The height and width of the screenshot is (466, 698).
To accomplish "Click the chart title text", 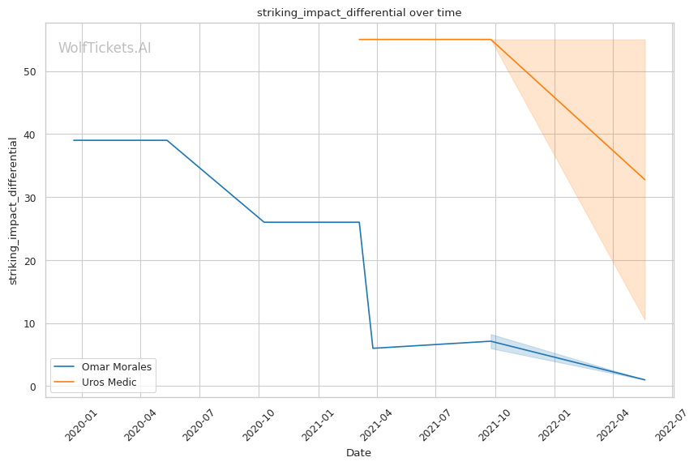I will point(359,12).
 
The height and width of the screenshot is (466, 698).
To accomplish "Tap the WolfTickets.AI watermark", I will point(105,48).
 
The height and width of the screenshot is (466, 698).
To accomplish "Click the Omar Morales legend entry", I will point(116,366).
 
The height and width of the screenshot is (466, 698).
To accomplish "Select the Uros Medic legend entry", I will point(109,382).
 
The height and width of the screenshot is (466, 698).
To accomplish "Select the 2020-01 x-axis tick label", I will point(80,423).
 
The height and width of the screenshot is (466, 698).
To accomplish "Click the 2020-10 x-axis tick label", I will point(258,423).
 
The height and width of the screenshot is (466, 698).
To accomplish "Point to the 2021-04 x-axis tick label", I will point(376,423).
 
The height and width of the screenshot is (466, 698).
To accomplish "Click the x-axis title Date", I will point(358,453).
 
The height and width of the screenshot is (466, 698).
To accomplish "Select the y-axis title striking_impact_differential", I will point(13,211).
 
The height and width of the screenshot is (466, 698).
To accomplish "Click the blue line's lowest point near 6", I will point(373,348).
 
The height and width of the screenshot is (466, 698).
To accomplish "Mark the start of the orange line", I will point(359,40).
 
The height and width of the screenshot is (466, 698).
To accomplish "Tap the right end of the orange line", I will point(644,180).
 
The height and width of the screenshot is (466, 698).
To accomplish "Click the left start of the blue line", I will point(74,140).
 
